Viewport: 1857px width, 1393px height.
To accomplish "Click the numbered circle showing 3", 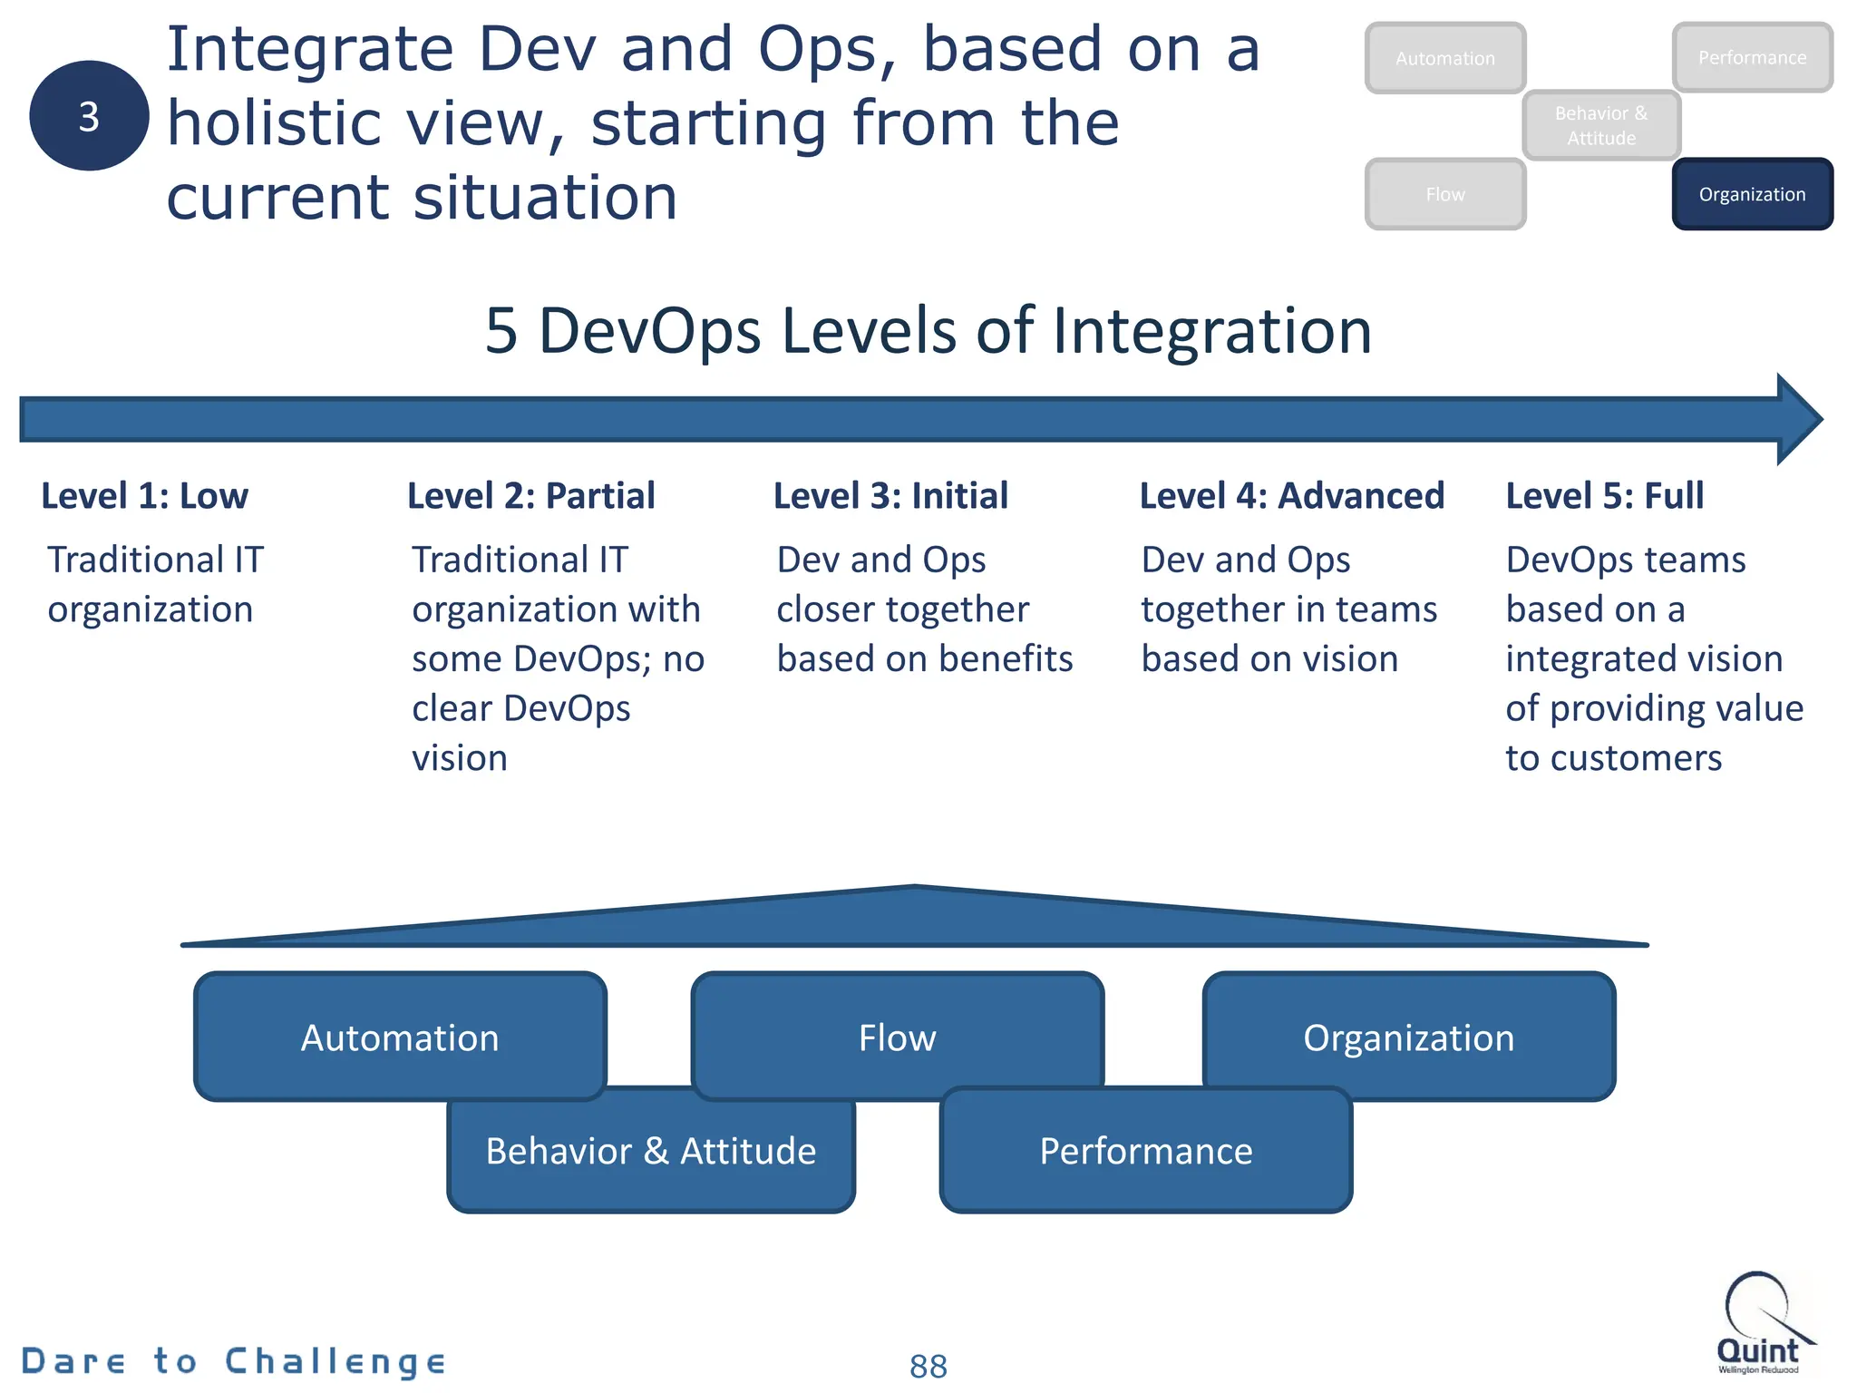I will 89,116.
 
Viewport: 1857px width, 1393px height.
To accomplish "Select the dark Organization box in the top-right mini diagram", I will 1752,194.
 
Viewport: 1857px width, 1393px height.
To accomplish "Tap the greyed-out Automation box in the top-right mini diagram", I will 1445,58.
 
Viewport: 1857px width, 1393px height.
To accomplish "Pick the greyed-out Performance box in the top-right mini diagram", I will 1752,58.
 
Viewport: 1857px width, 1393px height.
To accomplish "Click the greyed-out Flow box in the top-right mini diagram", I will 1445,194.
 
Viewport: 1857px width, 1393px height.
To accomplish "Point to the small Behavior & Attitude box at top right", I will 1601,125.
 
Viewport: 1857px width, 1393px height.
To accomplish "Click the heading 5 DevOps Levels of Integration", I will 928,330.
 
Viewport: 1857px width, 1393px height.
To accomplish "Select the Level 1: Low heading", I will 145,496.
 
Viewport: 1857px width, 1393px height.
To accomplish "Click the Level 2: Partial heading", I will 530,496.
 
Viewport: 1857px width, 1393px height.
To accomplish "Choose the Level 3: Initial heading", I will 890,496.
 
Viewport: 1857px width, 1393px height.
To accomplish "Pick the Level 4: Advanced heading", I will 1291,496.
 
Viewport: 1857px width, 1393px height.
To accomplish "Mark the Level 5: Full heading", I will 1604,496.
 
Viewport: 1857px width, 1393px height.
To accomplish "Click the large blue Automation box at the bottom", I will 400,1037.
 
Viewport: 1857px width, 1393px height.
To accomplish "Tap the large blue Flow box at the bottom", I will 897,1037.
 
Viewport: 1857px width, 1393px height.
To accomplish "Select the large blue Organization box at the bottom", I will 1408,1037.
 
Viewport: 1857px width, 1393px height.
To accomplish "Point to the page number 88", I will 928,1366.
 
